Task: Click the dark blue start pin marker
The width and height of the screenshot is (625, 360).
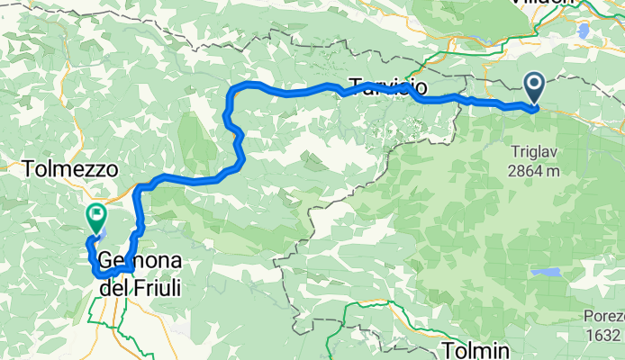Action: pos(533,87)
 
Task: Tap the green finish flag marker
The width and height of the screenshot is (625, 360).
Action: pos(95,216)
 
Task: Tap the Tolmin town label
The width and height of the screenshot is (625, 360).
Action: pos(476,348)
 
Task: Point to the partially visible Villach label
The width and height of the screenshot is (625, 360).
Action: pos(567,4)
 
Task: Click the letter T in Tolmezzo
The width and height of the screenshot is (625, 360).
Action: pos(29,168)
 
